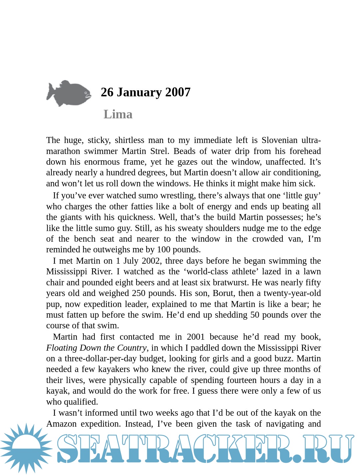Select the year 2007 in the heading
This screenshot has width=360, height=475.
(x=178, y=92)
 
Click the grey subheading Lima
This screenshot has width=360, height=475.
(x=118, y=114)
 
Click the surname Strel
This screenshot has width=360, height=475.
(x=159, y=151)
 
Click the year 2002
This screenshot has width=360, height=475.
(x=151, y=261)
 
